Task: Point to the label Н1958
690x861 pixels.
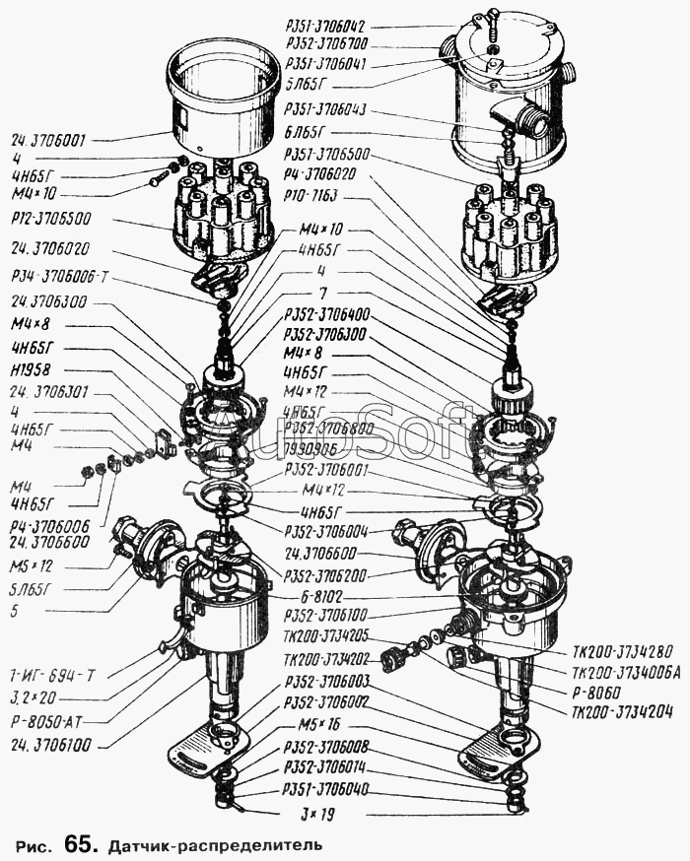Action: [32, 371]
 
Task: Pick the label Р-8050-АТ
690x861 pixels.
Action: [48, 719]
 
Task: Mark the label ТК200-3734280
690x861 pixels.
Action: [621, 651]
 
